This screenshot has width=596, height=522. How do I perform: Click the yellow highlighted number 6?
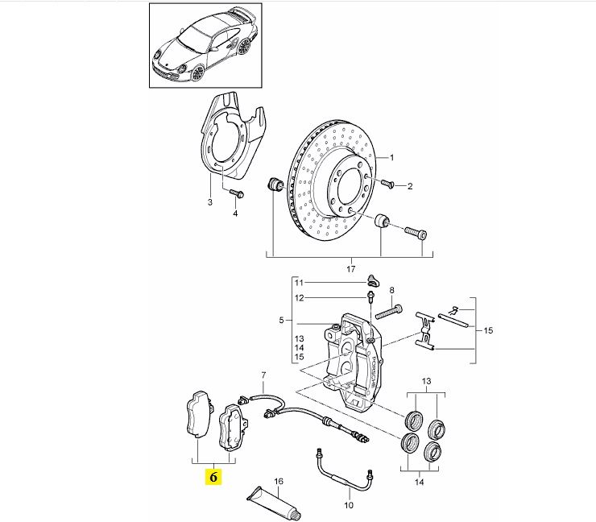[213, 476]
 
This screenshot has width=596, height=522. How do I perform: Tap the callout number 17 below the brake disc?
[351, 269]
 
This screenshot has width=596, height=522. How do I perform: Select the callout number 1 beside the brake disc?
[392, 157]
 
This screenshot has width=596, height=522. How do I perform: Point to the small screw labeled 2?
[387, 183]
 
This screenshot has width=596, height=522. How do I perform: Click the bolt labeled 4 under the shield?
[237, 193]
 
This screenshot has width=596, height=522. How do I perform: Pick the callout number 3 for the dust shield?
[210, 202]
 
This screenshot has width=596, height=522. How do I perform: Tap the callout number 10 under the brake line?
[349, 505]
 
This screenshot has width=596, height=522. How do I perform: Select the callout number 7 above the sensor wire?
[263, 375]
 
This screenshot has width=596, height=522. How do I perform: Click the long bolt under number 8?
[389, 312]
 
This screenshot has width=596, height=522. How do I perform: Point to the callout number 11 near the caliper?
[299, 283]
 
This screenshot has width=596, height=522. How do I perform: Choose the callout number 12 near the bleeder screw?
[299, 298]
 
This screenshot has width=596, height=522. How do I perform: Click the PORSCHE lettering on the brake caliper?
[373, 374]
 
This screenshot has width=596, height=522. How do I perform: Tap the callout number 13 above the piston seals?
[427, 381]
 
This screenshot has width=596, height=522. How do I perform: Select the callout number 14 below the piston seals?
[419, 482]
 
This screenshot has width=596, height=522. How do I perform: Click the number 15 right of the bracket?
[488, 330]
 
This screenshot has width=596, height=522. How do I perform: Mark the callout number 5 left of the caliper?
[281, 321]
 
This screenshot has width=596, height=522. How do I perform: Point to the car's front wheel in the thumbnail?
[197, 72]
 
